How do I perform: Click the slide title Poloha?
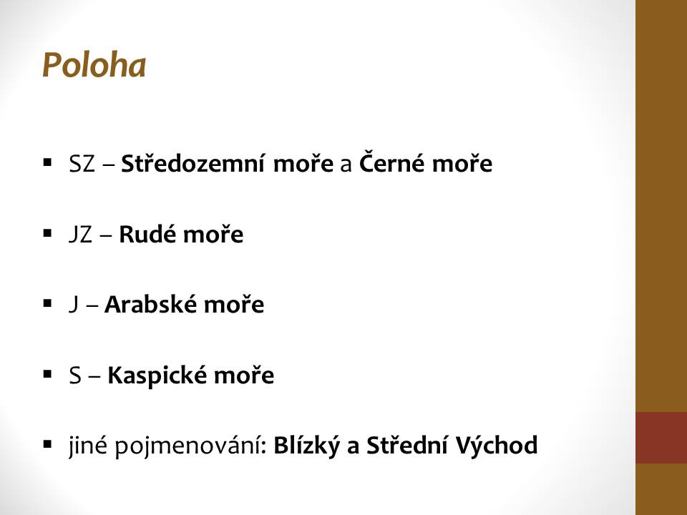94,65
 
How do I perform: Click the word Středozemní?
193,163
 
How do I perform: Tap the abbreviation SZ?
82,164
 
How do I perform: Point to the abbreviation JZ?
81,235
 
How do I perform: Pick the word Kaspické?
157,376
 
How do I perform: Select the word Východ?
497,445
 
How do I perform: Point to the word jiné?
88,446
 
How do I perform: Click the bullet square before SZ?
48,163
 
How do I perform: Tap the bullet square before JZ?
48,233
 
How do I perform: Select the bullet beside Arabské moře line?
48,303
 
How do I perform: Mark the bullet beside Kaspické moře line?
48,374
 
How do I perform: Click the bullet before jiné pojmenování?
48,445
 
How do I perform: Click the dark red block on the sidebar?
661,438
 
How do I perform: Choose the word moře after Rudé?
213,235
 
